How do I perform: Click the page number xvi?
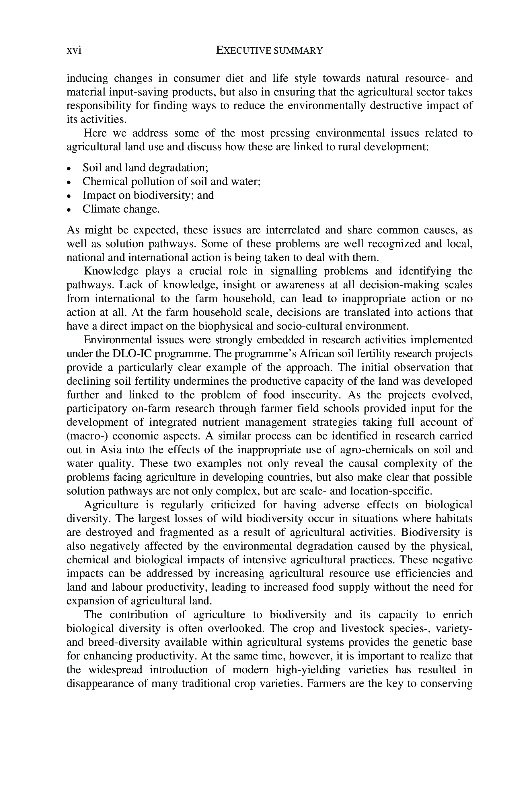click(x=74, y=50)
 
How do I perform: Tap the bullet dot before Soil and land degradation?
click(x=69, y=169)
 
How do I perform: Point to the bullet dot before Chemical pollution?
click(x=69, y=182)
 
